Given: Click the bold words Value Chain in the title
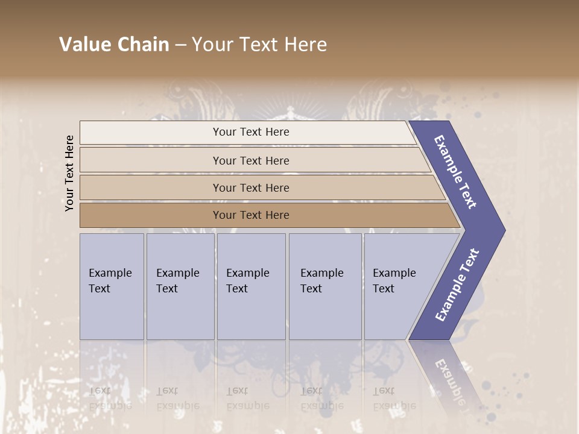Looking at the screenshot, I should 114,45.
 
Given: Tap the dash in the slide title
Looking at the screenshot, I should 180,45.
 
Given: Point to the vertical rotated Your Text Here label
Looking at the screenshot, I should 69,173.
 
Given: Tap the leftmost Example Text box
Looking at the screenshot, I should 112,286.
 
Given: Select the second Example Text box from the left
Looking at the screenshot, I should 180,286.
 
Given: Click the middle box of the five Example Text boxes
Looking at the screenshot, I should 251,286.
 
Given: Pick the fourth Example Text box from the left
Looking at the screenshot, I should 324,286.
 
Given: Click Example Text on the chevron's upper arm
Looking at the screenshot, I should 456,172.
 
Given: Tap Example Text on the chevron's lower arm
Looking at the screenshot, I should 457,285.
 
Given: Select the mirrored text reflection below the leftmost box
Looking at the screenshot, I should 109,398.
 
